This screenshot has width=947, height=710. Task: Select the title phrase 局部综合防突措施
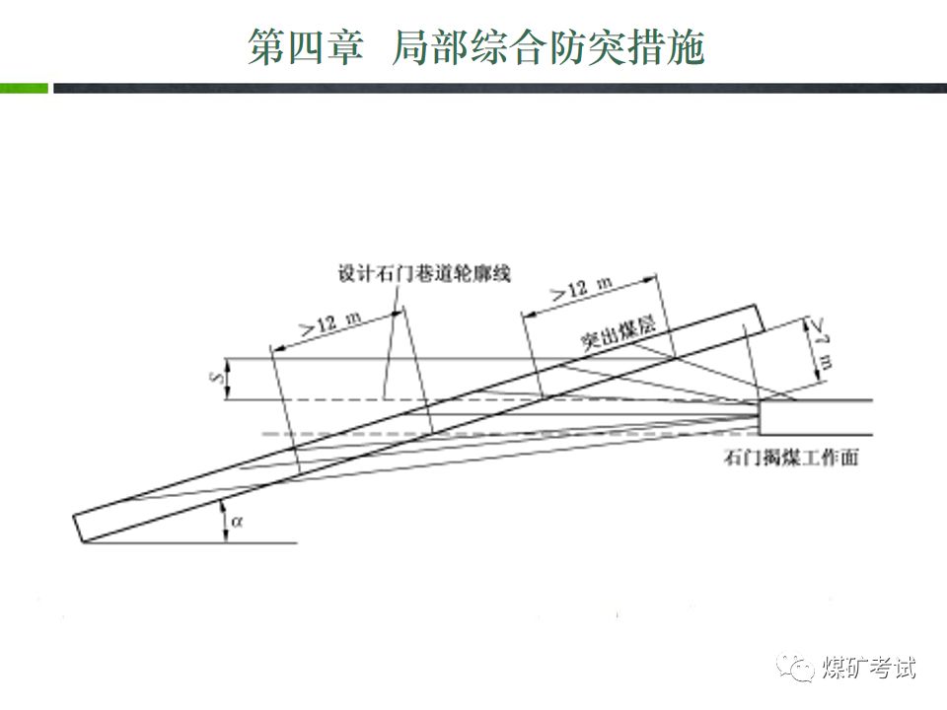(x=547, y=46)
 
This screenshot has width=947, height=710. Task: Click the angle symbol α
(x=237, y=523)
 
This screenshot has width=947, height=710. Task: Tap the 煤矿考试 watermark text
(x=868, y=668)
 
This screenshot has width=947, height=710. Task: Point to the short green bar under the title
(x=24, y=89)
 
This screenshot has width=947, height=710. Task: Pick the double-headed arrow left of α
(x=224, y=522)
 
